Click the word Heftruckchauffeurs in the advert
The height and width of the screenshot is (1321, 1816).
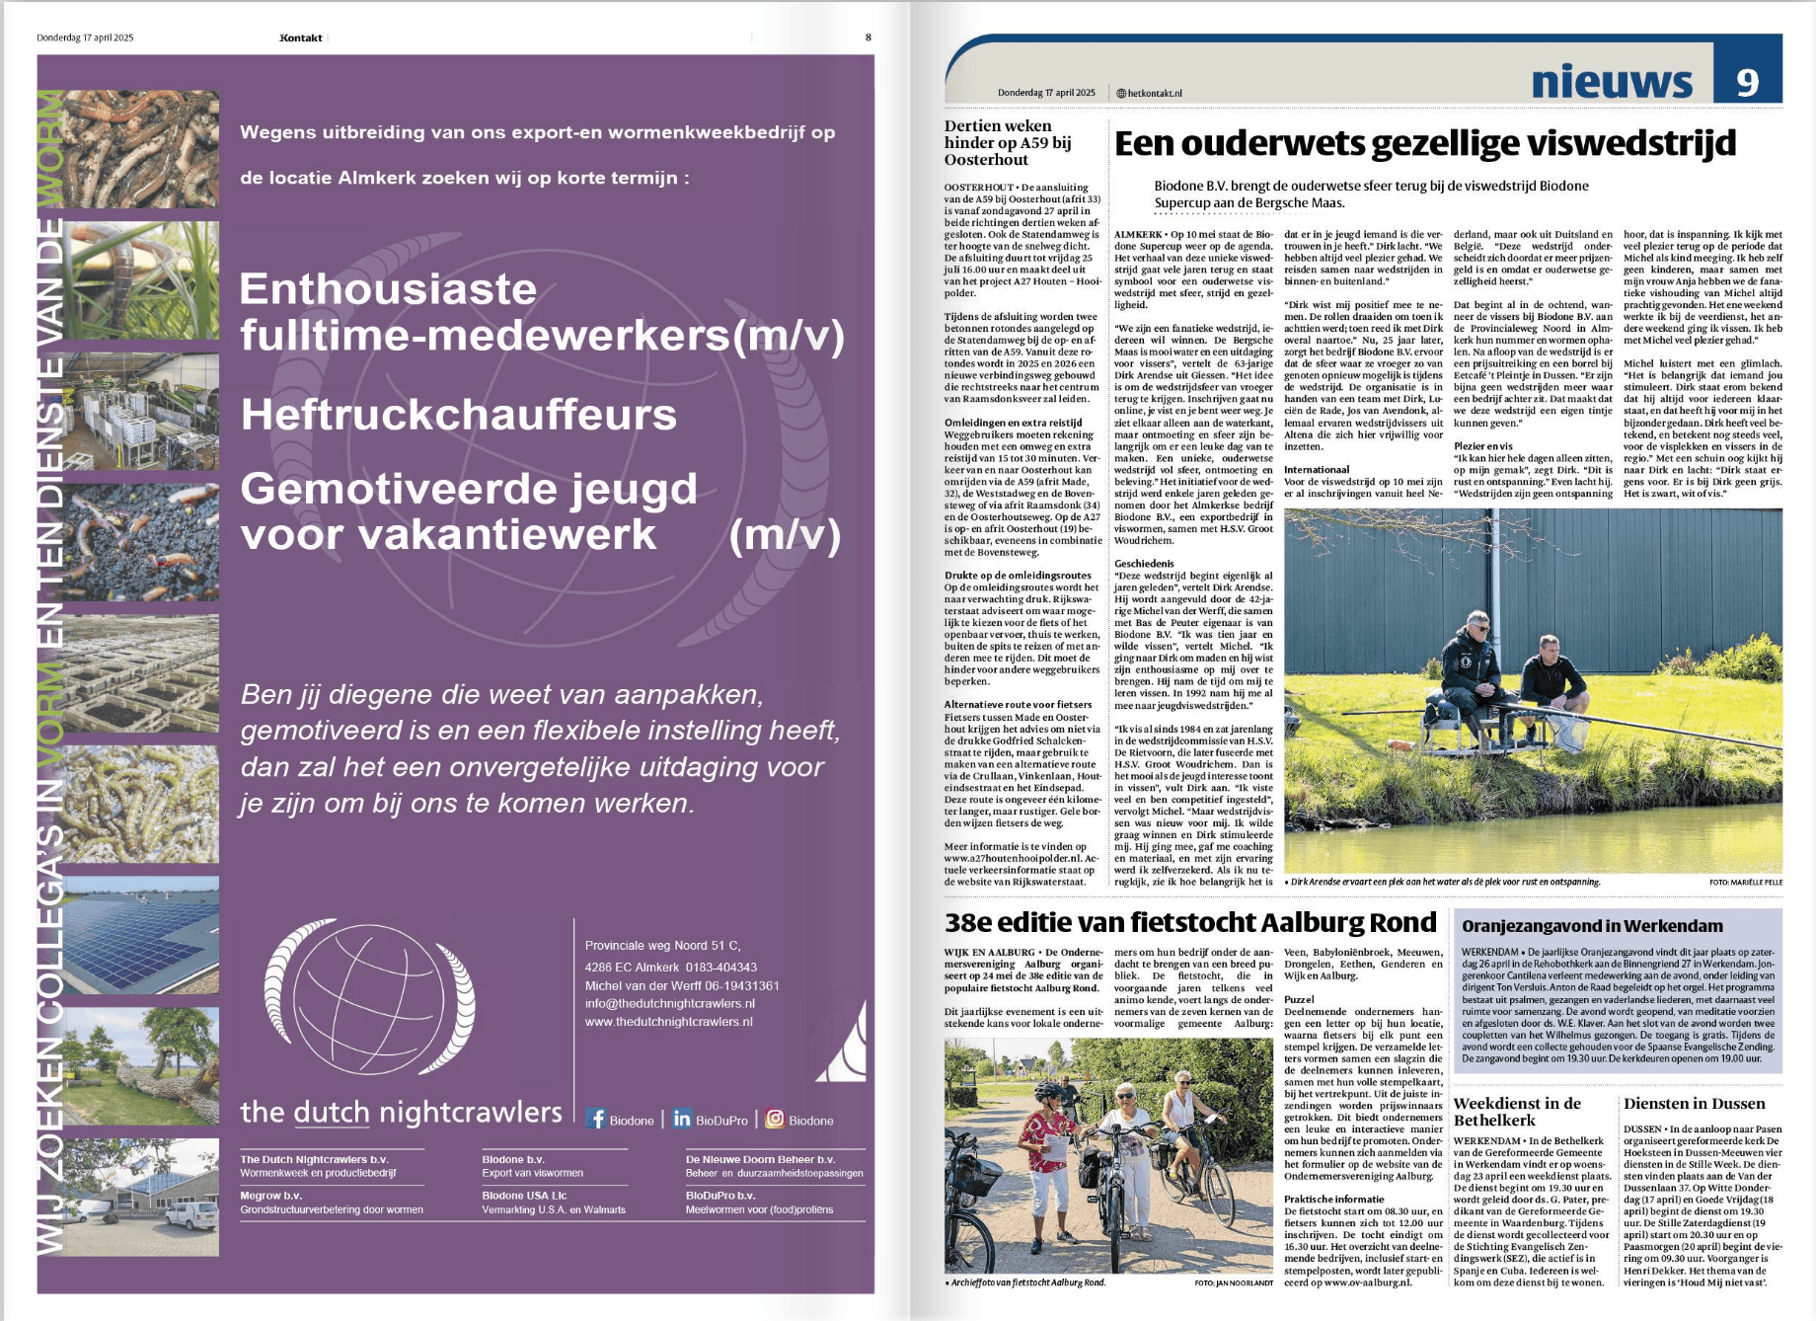[458, 415]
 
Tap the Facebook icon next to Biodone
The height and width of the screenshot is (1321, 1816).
[596, 1119]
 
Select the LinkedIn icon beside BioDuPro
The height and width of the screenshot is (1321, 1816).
[682, 1119]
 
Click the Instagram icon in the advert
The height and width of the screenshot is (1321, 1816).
[775, 1119]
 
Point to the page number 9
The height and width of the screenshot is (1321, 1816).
[1747, 83]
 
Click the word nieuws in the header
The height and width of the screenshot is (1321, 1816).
[1611, 83]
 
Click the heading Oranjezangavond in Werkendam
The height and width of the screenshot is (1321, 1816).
[1592, 926]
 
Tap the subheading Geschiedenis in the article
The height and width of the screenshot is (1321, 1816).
[1144, 564]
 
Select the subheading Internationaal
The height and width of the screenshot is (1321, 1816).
[1317, 470]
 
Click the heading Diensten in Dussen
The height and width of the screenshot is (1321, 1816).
[1694, 1104]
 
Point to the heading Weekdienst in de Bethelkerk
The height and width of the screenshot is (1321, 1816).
[1517, 1112]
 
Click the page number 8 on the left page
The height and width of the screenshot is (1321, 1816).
[869, 38]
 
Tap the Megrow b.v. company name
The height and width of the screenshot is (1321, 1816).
[267, 1196]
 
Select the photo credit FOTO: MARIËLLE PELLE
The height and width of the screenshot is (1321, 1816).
[1745, 883]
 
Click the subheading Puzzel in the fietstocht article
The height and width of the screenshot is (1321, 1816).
[1299, 999]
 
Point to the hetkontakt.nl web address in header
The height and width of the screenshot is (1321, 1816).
[1150, 93]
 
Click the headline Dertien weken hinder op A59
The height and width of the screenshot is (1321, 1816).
[1007, 142]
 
